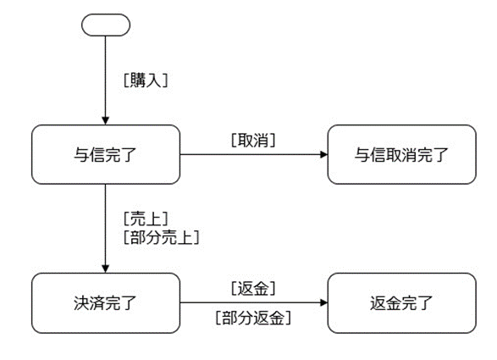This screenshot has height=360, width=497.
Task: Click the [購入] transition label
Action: click(146, 80)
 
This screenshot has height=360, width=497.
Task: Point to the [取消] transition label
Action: click(253, 140)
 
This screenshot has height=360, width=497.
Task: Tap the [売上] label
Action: click(146, 219)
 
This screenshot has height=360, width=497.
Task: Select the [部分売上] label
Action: click(162, 237)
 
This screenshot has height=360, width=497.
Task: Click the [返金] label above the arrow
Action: click(253, 289)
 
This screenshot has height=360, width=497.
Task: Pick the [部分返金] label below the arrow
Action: click(253, 318)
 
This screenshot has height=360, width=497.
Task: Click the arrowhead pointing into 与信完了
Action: click(106, 121)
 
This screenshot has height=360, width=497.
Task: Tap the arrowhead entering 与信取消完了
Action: click(323, 154)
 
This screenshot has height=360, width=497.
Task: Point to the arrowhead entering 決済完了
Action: click(106, 269)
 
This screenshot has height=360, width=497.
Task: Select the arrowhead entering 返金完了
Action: click(323, 302)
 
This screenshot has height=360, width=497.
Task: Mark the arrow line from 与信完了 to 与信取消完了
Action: click(254, 154)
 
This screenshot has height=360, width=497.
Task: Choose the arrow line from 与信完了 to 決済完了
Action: click(106, 229)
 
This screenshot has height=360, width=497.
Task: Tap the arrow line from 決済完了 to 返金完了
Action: click(254, 302)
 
